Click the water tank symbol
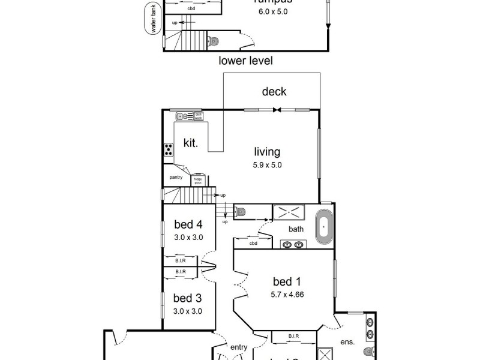point(153,20)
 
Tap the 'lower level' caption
point(245,61)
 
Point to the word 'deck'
point(274,92)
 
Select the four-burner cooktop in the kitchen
point(169,151)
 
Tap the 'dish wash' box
point(199,116)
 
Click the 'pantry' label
point(176,177)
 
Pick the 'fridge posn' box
point(197,180)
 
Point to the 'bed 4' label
point(188,225)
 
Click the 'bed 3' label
point(188,298)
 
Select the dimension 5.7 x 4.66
point(286,294)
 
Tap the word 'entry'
point(239,346)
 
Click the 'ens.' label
point(348,342)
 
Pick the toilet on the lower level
point(214,41)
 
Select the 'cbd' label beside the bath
point(253,243)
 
